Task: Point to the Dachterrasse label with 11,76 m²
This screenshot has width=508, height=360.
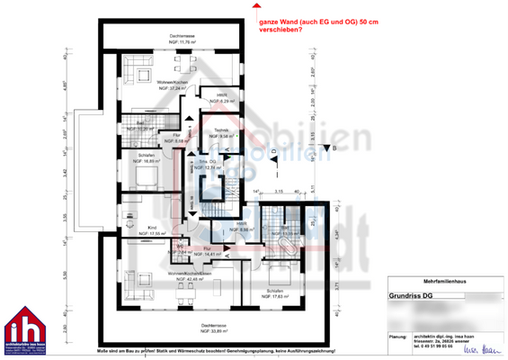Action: (x=175, y=38)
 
